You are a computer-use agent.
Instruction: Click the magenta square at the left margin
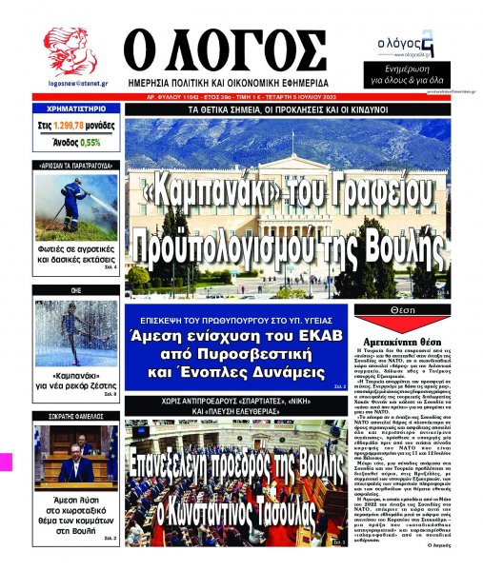pos(6,460)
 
